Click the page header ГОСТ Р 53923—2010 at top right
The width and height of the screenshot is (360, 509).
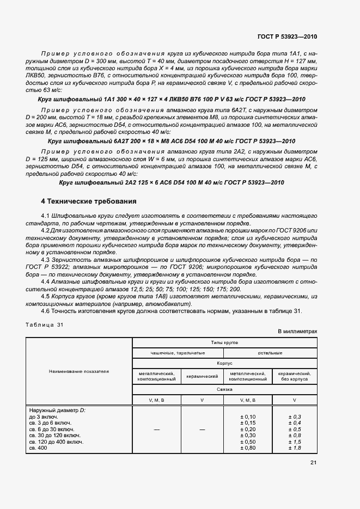point(286,36)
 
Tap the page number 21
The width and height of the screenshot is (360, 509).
point(313,462)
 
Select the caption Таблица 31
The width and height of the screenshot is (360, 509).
point(45,325)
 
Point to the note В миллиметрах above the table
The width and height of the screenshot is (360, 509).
point(297,331)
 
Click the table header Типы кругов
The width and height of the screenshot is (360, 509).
point(225,343)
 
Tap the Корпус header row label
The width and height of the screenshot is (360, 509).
point(225,363)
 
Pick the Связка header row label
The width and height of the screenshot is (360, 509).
point(225,389)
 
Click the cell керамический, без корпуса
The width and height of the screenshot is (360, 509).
point(294,376)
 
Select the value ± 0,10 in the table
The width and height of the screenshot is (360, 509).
point(248,416)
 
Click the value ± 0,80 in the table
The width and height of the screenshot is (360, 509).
point(248,448)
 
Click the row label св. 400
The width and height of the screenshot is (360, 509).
point(39,448)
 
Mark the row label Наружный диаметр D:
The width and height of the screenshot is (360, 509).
point(56,410)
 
